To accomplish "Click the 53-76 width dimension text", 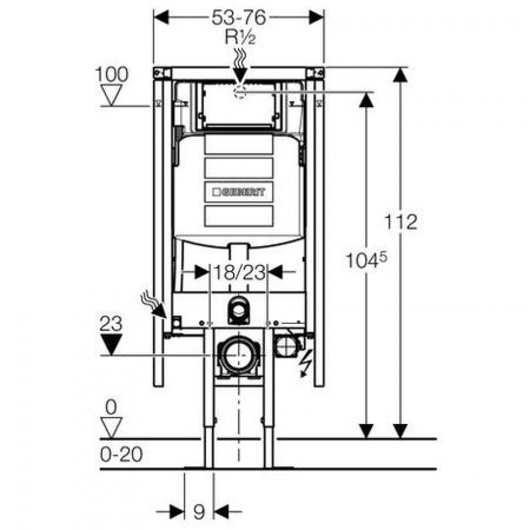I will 239,17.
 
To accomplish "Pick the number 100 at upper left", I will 112,74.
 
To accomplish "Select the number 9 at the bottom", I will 198,513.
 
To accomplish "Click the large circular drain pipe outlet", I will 238,355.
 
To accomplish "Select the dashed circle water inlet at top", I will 239,91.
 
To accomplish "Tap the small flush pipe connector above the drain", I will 238,311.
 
